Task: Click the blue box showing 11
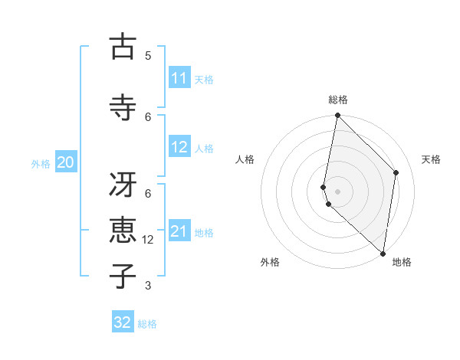179,78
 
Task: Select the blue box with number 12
179,147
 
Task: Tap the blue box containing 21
179,231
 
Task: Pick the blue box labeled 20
66,162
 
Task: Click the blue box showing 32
123,322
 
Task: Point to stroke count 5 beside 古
148,55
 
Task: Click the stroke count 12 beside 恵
148,240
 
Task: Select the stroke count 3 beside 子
148,286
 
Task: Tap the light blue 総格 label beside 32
147,324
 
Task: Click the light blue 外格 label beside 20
41,163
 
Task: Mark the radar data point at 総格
337,116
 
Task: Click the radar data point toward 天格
396,172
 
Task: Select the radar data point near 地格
383,253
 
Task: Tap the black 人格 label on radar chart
245,159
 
